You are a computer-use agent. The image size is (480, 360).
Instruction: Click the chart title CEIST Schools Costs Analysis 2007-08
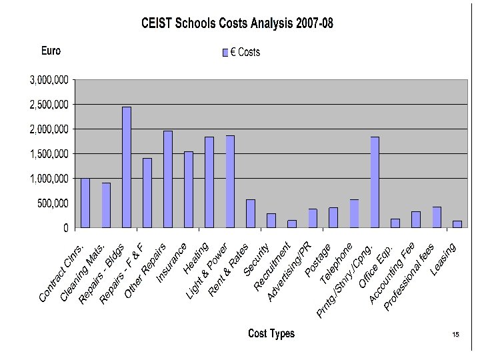tap(237, 24)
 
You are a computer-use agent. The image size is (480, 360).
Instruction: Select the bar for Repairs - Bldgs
tap(127, 167)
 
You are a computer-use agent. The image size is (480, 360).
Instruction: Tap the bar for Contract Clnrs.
tap(85, 203)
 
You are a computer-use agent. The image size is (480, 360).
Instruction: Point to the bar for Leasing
tap(457, 224)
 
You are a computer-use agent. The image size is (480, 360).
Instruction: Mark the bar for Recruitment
tap(292, 223)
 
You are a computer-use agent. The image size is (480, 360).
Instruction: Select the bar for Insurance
tap(189, 189)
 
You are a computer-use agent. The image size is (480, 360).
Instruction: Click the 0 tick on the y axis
tap(65, 228)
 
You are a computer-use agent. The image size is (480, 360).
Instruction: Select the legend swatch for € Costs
tap(225, 52)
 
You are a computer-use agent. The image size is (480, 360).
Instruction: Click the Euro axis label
tap(51, 51)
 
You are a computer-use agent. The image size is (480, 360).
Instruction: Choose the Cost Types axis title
tap(271, 333)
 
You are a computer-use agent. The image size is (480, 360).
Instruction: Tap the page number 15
tap(456, 335)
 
